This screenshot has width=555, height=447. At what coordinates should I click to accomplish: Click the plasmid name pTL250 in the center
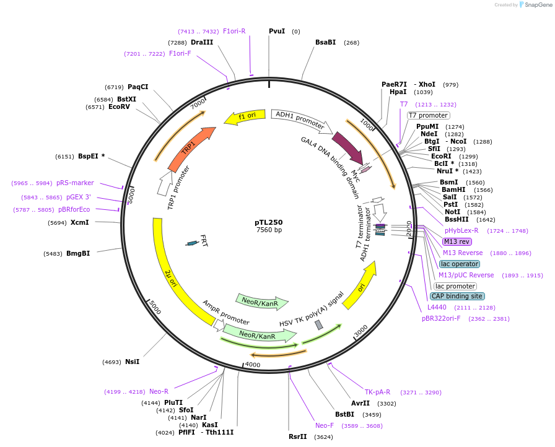coord(269,222)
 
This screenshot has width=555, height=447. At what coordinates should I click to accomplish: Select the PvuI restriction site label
coord(277,31)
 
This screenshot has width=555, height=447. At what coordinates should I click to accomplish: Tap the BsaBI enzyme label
coord(325,42)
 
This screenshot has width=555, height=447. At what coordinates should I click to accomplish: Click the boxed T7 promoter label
coord(428,115)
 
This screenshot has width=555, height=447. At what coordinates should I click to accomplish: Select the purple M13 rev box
coord(457,241)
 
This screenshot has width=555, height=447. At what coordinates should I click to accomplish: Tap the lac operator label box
coord(460,264)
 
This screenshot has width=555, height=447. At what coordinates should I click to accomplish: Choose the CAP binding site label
coord(457,296)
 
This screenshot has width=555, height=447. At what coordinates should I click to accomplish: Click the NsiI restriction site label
coord(133,362)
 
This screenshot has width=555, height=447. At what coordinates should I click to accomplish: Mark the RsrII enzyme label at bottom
coord(297,436)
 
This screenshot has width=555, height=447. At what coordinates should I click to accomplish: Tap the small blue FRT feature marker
coord(193,243)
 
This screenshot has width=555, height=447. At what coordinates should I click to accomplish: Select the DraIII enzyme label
coord(202,42)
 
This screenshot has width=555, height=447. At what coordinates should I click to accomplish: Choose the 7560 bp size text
coord(269,230)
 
